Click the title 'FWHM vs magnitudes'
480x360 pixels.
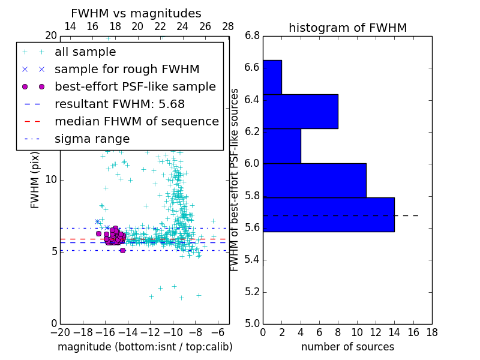pyautogui.click(x=136, y=13)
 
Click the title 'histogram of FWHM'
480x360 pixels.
pyautogui.click(x=347, y=28)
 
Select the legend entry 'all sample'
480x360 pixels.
pyautogui.click(x=85, y=52)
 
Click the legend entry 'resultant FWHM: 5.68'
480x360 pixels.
pyautogui.click(x=119, y=104)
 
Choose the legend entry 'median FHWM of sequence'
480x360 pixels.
pyautogui.click(x=136, y=122)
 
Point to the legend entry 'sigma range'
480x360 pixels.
pyautogui.click(x=92, y=139)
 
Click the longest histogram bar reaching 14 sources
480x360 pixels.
pyautogui.click(x=329, y=214)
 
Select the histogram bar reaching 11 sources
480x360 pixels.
pyautogui.click(x=314, y=180)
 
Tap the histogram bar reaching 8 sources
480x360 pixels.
pyautogui.click(x=301, y=111)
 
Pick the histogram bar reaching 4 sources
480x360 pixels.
pyautogui.click(x=282, y=146)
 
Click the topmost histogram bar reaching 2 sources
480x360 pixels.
pyautogui.click(x=272, y=77)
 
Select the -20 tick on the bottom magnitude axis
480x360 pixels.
pyautogui.click(x=60, y=331)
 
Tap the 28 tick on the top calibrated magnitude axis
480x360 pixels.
pyautogui.click(x=228, y=26)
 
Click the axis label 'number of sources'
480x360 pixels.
pyautogui.click(x=347, y=347)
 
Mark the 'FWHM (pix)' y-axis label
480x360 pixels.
pyautogui.click(x=35, y=179)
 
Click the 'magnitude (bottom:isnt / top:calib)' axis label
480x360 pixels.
pyautogui.click(x=145, y=347)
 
